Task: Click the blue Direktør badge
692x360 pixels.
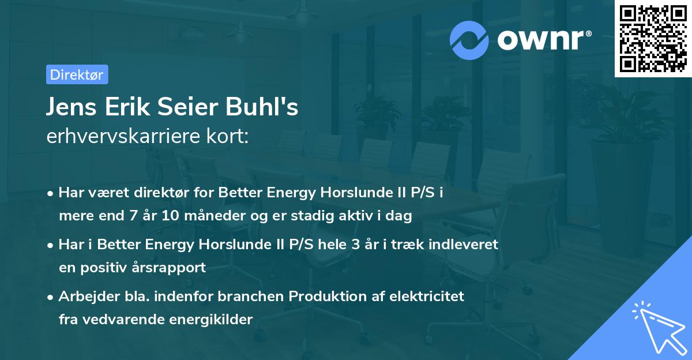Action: coord(77,74)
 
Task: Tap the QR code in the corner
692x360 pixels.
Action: coord(652,39)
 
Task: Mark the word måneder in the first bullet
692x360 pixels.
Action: coord(201,217)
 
